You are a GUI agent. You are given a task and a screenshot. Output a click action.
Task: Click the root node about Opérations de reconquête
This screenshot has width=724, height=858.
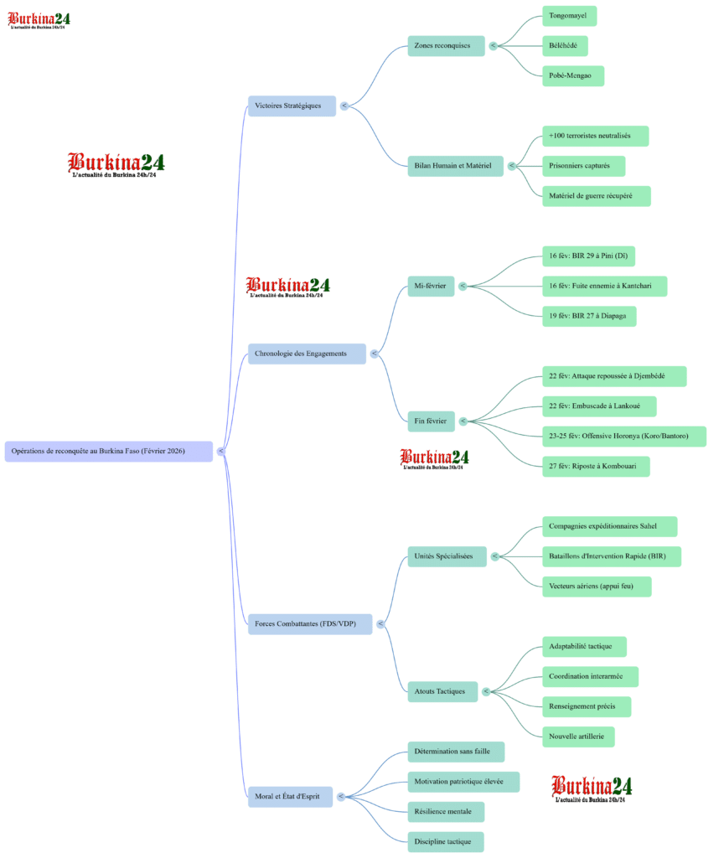point(108,451)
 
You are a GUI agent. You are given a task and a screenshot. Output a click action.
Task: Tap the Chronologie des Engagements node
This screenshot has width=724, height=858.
point(307,354)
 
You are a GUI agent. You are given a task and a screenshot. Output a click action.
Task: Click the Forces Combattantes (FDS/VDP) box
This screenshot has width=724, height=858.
point(309,623)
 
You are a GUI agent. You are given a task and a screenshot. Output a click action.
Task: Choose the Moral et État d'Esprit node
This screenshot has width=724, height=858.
point(290,796)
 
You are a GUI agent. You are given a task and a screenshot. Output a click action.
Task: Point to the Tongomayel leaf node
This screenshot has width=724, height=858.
point(569,15)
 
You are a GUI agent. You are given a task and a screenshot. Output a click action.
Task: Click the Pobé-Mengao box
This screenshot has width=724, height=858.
point(572,75)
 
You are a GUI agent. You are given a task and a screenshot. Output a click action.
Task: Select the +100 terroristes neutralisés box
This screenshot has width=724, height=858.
point(595,136)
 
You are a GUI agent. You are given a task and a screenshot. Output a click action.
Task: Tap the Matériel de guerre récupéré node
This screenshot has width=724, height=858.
point(596,196)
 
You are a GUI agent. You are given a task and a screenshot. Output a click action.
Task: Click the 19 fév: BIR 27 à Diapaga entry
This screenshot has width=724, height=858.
point(589,317)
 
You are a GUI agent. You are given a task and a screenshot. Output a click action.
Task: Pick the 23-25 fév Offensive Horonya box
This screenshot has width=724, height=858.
point(623,436)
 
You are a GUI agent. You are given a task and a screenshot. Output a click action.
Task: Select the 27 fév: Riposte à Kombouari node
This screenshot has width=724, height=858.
point(595,466)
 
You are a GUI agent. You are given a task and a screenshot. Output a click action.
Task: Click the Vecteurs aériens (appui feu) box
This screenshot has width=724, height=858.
point(596,587)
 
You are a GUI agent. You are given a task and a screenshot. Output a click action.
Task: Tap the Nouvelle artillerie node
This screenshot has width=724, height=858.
point(579,737)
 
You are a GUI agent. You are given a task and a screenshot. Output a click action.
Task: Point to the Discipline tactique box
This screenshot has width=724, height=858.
point(446,841)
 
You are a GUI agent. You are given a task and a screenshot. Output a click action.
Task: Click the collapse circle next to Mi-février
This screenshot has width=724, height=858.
point(463,287)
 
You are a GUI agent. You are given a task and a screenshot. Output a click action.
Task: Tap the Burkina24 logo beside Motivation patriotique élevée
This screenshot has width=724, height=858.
point(592,787)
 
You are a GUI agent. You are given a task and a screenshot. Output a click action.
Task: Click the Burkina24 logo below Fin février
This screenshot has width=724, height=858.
point(434,457)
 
